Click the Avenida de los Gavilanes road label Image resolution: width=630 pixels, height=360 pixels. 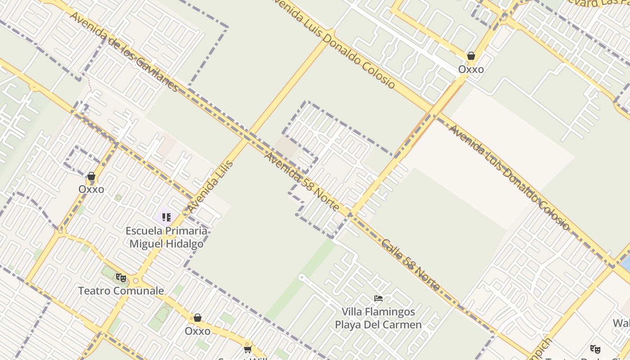(124, 51)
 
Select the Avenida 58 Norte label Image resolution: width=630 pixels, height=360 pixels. (302, 182)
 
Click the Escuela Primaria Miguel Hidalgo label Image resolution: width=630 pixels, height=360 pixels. (166, 237)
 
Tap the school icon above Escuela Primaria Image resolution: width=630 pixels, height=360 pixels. (166, 218)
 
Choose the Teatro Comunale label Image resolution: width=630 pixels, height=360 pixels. (121, 291)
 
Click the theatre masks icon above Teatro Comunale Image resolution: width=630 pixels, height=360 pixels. (121, 278)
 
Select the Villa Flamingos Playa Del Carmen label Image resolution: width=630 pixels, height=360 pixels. (378, 318)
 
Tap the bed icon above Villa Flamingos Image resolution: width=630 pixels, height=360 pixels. (378, 298)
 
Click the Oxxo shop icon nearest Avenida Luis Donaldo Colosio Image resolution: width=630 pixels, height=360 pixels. (471, 56)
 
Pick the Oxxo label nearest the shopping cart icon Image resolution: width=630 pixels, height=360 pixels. (198, 331)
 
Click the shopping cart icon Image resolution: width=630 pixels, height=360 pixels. (247, 349)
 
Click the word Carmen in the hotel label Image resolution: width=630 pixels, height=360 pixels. (405, 324)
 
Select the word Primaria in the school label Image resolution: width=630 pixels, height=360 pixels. (186, 231)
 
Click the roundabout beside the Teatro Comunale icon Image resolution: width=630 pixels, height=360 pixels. (135, 281)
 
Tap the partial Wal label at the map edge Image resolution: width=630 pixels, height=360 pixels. (621, 323)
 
